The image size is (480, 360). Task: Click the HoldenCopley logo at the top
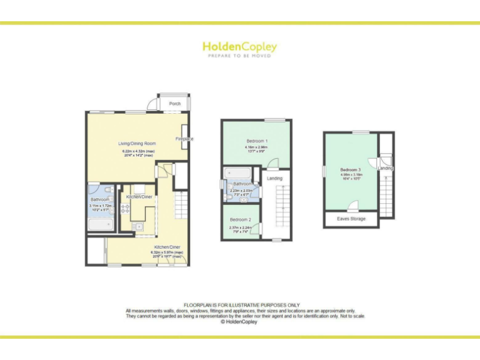239,47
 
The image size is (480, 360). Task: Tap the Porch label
175,104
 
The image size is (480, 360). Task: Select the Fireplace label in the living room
184,139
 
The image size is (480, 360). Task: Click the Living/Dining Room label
136,144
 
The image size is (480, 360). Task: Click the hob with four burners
124,209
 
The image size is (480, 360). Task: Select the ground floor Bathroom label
100,199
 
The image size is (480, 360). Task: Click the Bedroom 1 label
257,141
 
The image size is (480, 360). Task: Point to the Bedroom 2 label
240,220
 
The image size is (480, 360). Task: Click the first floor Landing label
274,179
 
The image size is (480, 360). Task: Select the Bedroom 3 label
351,170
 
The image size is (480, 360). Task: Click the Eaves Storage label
351,219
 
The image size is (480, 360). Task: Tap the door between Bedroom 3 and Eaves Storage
353,206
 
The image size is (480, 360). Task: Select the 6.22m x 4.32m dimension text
138,151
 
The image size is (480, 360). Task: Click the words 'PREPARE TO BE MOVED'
239,56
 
